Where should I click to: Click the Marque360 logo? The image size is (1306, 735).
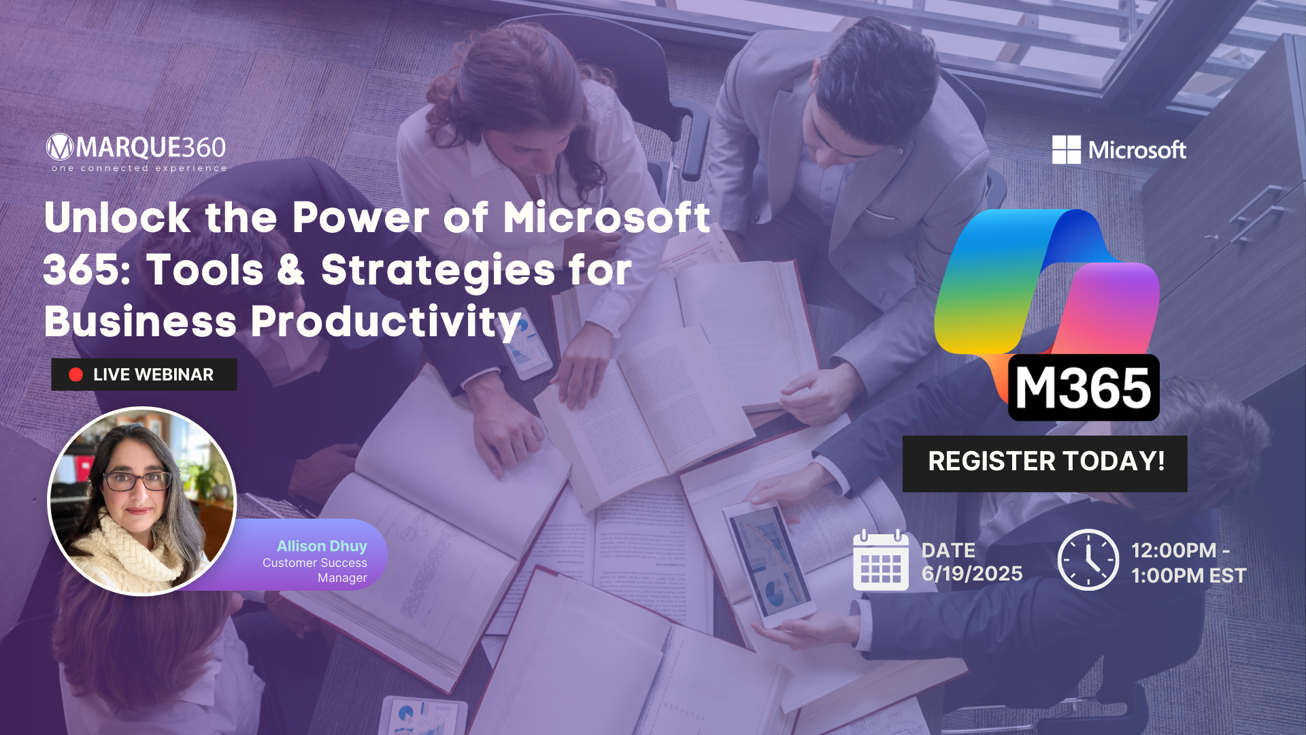click(136, 148)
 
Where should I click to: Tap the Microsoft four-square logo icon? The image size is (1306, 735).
click(1066, 150)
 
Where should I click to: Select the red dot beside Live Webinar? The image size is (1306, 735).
click(76, 374)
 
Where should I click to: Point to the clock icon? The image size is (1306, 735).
click(1088, 560)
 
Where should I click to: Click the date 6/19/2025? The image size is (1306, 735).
click(972, 574)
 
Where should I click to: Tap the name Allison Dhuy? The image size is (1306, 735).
click(322, 546)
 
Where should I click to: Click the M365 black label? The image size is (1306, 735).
click(1083, 388)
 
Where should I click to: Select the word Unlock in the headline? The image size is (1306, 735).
click(117, 218)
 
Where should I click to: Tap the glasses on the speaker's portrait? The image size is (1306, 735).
click(137, 481)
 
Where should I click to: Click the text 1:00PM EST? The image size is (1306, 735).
click(1188, 576)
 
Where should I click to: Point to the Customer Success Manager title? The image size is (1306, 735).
click(316, 570)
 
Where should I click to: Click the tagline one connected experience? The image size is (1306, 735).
click(139, 168)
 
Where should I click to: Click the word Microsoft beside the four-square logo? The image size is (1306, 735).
click(1137, 150)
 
